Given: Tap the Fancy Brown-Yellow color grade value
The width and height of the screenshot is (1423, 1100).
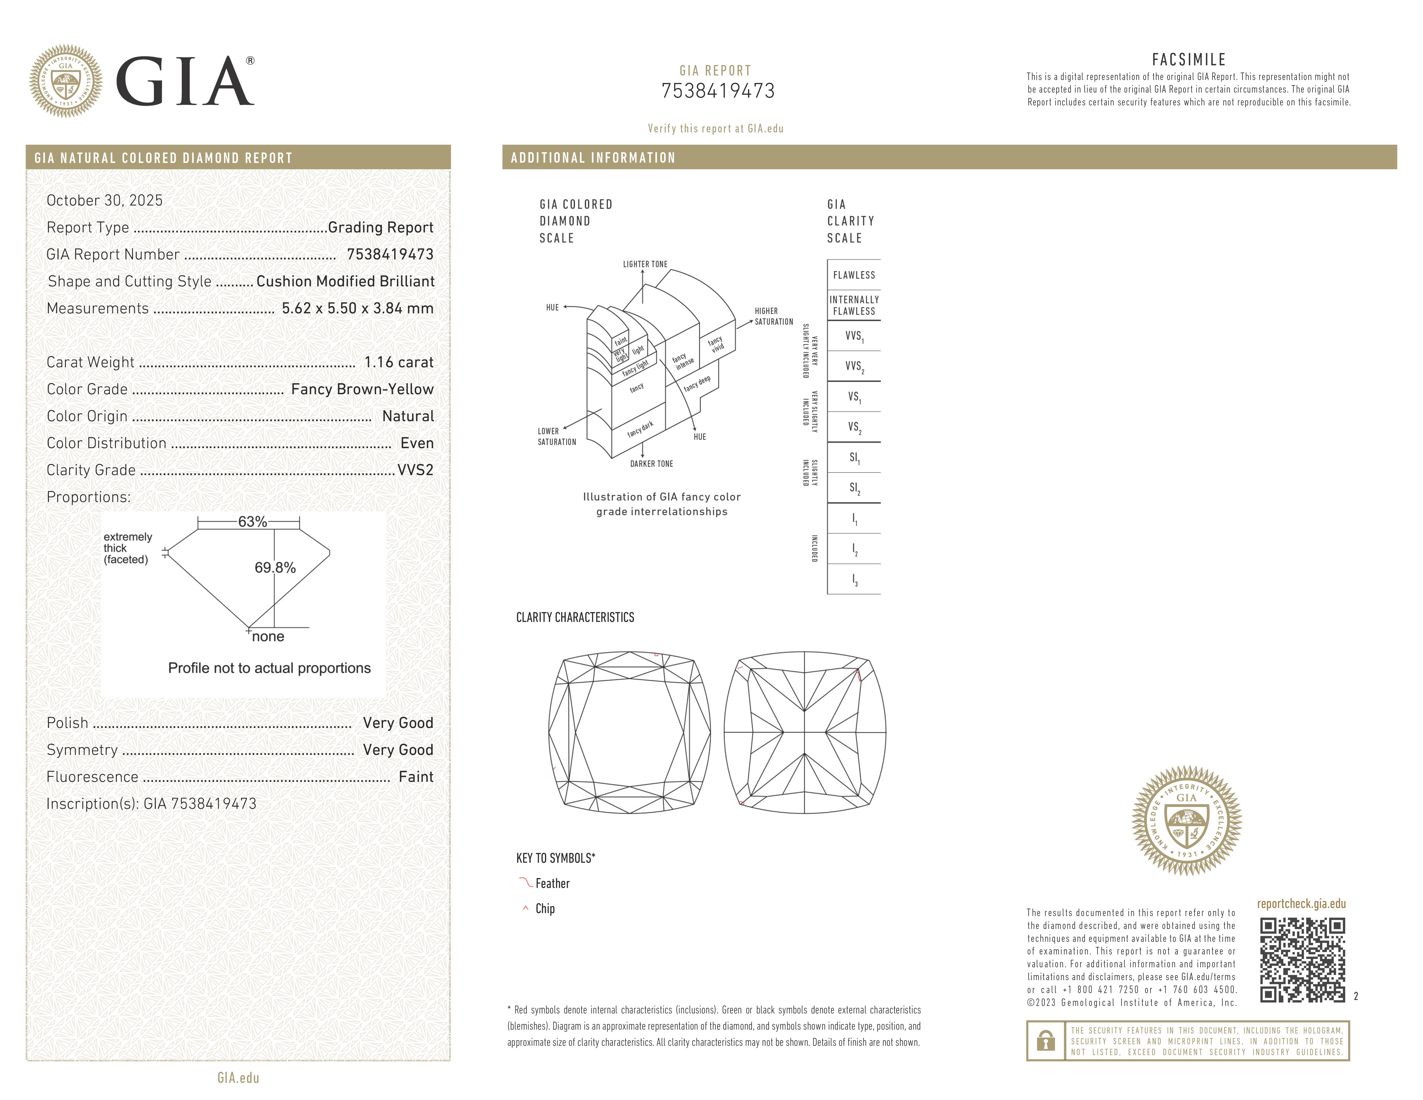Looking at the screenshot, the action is (362, 389).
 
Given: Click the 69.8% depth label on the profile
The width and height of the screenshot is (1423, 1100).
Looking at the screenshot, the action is (275, 568).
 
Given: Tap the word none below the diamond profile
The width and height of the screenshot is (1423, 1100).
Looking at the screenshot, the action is (268, 637).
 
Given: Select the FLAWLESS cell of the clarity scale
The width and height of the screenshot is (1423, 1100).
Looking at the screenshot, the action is (853, 275).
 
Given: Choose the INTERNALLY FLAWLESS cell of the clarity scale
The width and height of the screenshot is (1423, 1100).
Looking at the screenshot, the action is (853, 305).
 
